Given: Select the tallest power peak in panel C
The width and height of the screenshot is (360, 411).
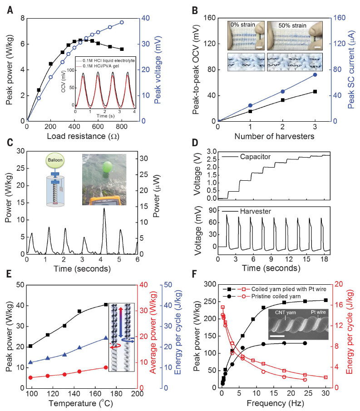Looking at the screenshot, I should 104,208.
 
